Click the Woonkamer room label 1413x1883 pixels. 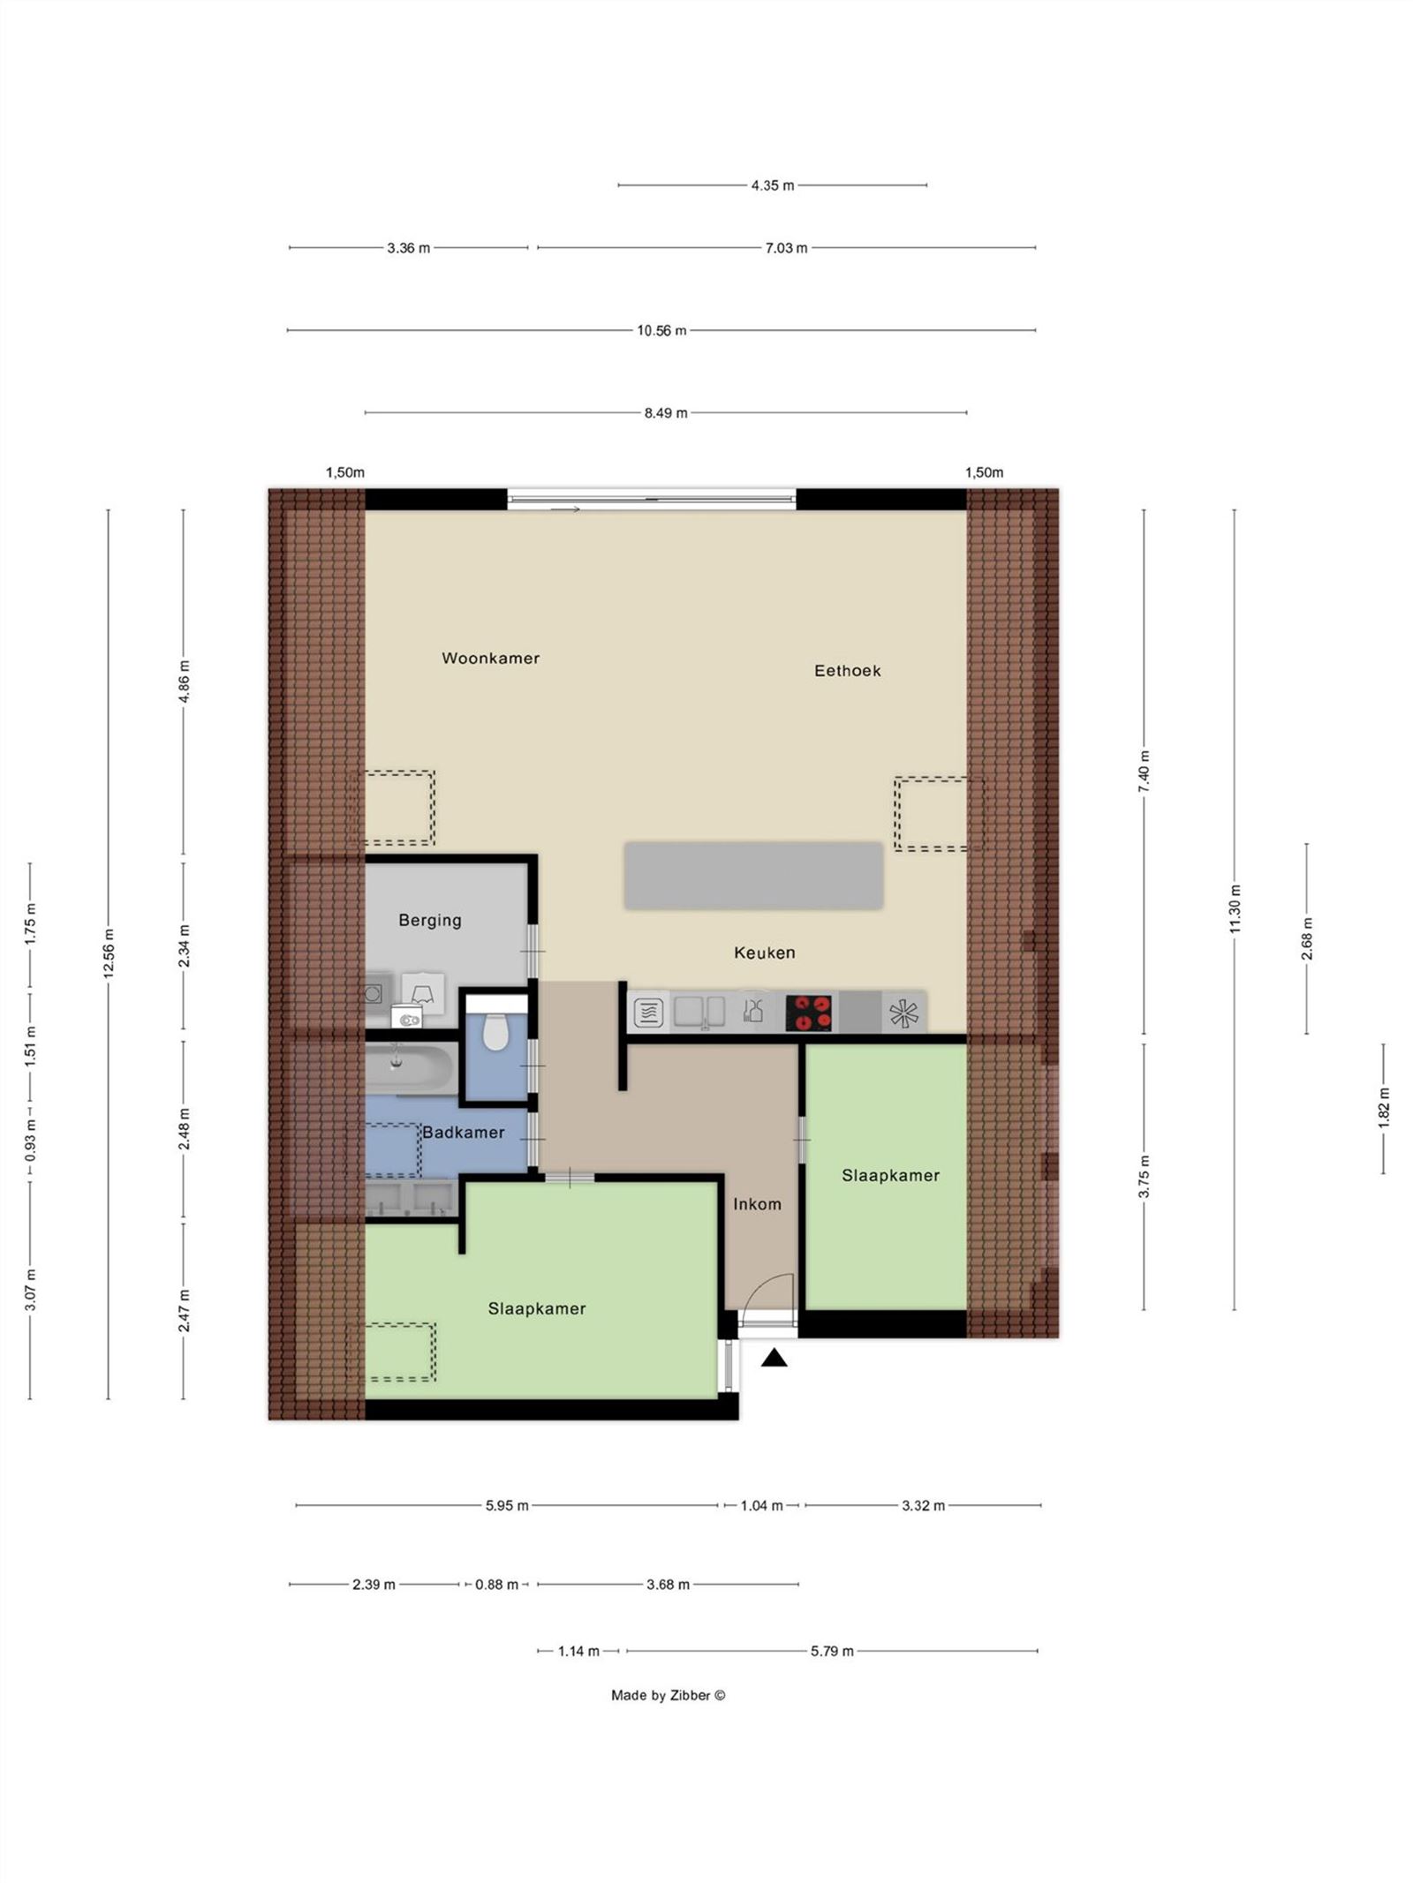pos(490,658)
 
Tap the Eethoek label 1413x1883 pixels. pos(847,670)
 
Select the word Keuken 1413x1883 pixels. pos(764,953)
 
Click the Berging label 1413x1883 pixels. pos(429,920)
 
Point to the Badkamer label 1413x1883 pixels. pos(463,1132)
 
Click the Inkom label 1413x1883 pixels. pos(757,1204)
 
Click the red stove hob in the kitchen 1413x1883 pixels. pos(809,1013)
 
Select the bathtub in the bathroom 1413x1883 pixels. pos(411,1066)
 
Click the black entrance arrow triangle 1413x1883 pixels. pos(775,1359)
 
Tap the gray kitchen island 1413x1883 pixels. pos(753,875)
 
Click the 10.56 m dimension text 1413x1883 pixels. pos(661,330)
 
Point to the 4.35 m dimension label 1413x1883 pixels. pos(773,185)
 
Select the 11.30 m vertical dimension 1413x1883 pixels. pos(1235,908)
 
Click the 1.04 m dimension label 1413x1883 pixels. pos(761,1505)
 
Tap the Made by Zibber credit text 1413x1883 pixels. pos(668,1695)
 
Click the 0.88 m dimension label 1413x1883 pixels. pos(496,1585)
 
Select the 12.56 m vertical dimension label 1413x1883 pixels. pos(109,953)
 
